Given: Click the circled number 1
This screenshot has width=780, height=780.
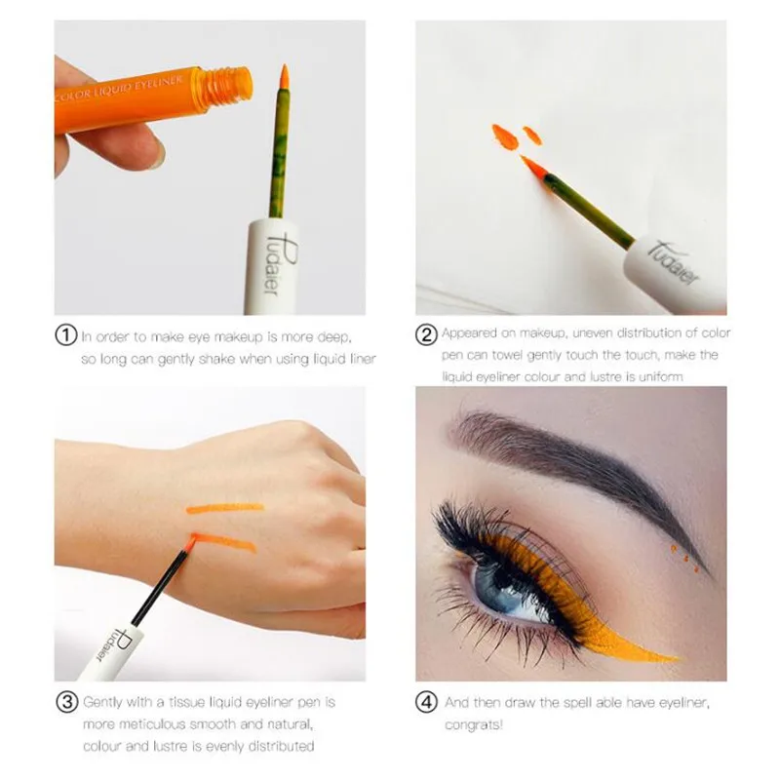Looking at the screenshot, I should click(65, 336).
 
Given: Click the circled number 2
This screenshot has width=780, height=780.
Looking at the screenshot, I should click(427, 336).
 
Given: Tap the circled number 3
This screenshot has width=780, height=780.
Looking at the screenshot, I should click(65, 702).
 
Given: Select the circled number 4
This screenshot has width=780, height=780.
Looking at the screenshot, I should click(427, 702).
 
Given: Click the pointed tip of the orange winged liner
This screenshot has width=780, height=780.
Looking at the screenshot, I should click(675, 660).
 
